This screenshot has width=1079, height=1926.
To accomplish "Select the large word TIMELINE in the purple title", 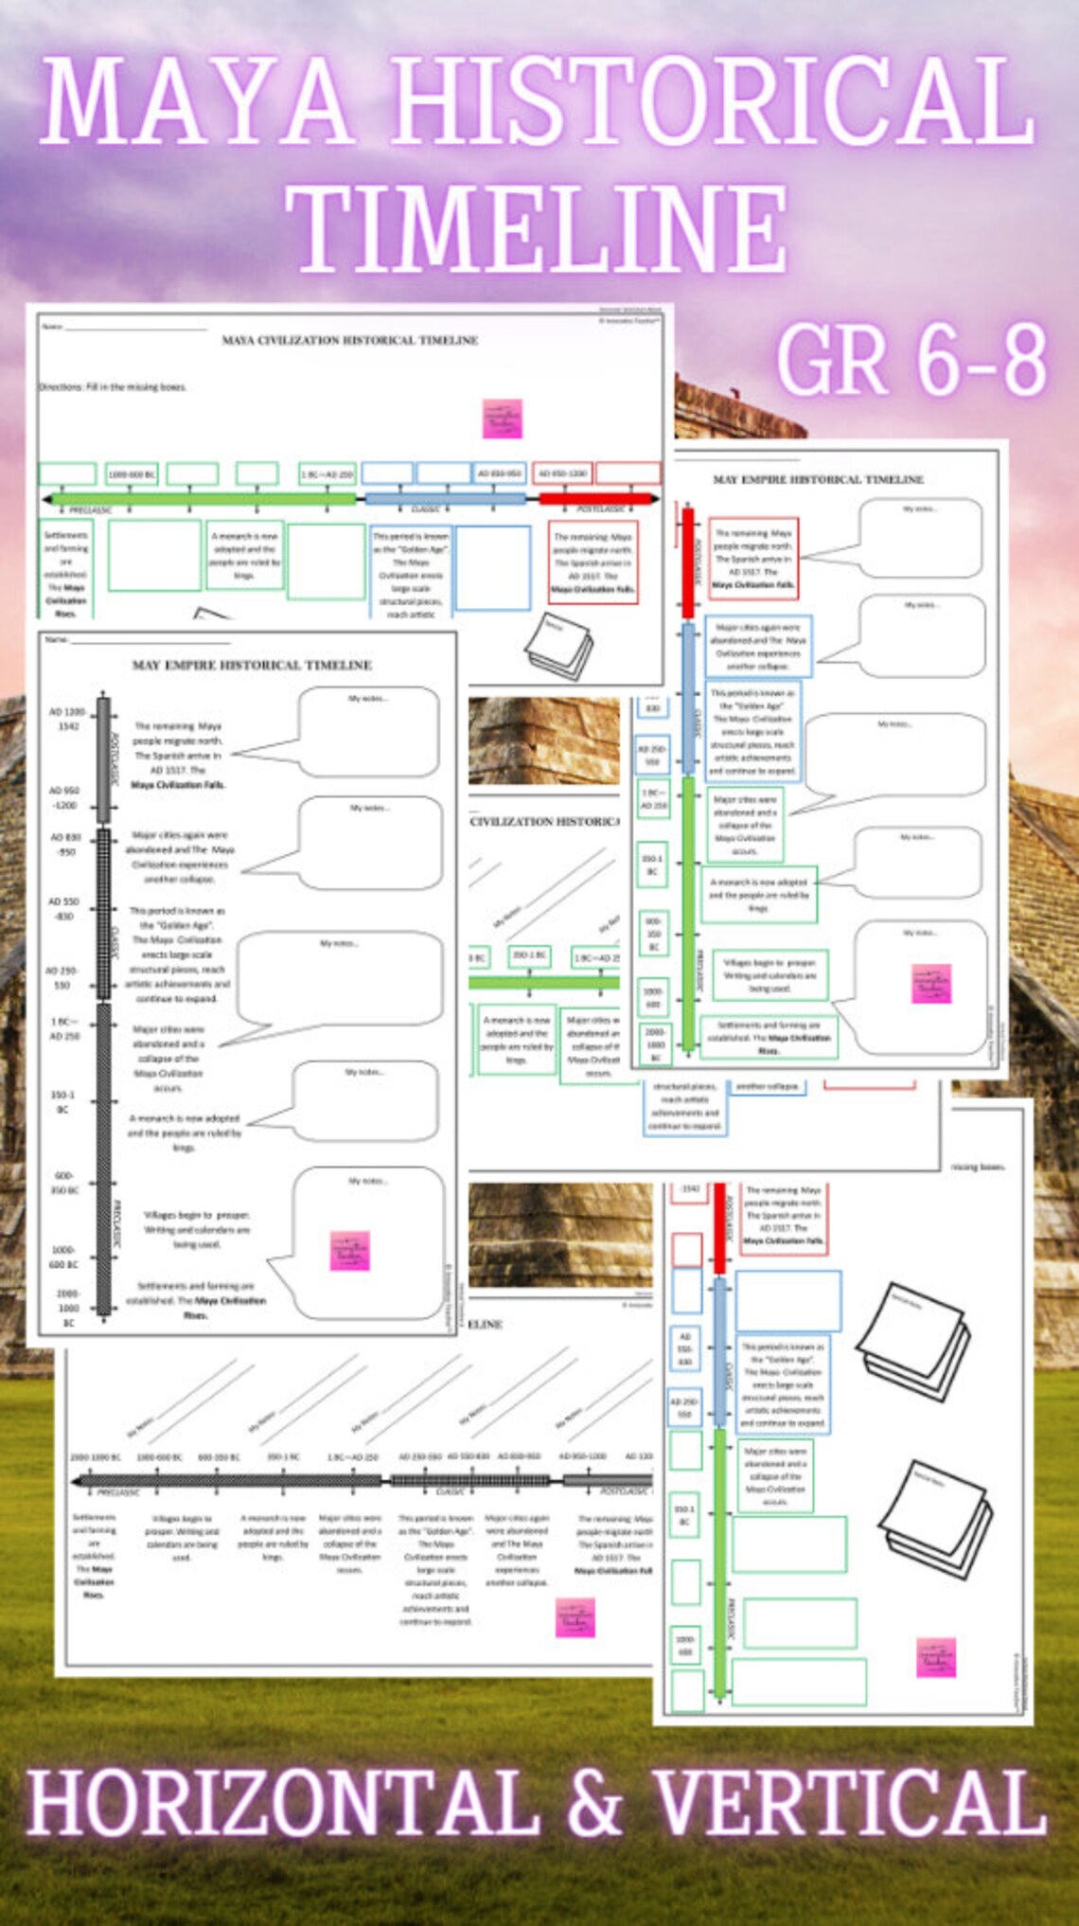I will coord(537,228).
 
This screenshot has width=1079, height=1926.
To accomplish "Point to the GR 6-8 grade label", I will coord(911,360).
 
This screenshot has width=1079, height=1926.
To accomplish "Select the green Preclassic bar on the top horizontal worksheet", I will coord(203,498).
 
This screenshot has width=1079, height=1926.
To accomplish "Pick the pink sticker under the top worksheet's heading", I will coord(502,419).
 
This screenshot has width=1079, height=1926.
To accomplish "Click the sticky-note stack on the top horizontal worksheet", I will coord(560,646).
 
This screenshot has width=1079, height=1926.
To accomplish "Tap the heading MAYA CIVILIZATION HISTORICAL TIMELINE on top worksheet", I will coord(349,340).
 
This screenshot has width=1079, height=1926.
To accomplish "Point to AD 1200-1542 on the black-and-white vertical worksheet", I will coord(67,719).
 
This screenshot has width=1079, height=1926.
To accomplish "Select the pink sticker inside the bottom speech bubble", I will coord(349,1251).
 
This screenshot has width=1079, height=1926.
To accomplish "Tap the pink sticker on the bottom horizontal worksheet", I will coord(575,1617).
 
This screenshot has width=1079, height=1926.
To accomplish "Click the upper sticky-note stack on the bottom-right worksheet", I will coord(912,1341).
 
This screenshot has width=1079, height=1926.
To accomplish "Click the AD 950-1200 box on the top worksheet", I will coord(563,473).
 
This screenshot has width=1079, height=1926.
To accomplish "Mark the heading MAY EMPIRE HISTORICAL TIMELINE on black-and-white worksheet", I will coord(251,665).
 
